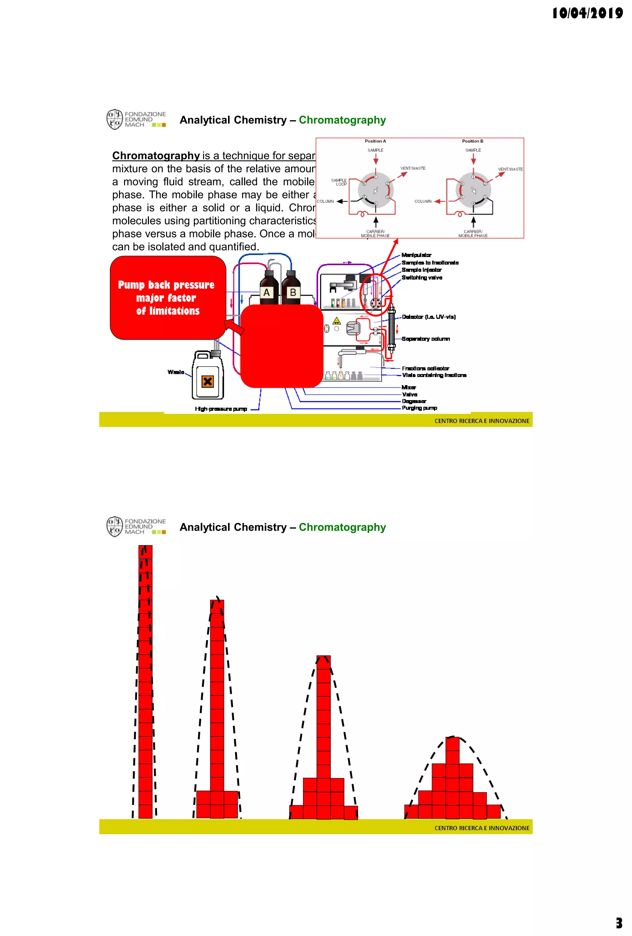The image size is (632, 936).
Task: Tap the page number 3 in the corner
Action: point(619,923)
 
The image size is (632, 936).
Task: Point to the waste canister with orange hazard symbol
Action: point(208,376)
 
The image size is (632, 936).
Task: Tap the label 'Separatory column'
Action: point(426,339)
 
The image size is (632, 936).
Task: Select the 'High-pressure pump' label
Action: point(221,409)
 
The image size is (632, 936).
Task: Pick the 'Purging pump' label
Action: point(419,408)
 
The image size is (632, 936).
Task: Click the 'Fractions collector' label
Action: point(426,368)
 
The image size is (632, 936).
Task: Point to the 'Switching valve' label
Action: point(422,278)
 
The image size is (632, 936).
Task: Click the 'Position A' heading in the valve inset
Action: point(375,141)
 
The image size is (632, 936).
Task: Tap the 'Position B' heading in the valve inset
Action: point(472,141)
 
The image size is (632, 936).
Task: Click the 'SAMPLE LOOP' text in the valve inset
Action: point(339,182)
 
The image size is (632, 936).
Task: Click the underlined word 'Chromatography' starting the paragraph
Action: point(156,156)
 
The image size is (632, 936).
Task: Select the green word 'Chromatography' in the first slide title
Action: point(342,120)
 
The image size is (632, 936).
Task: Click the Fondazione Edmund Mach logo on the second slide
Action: point(136,526)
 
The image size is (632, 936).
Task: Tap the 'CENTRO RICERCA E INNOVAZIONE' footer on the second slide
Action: point(482,828)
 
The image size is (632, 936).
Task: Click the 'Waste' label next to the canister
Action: point(176,372)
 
